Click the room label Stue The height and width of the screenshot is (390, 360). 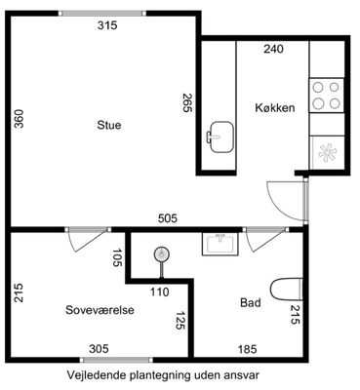click(x=109, y=125)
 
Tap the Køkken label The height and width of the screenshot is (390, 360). click(x=275, y=107)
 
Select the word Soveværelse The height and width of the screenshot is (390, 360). click(x=100, y=310)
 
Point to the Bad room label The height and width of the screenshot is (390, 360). click(x=251, y=302)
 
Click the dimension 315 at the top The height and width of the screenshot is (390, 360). click(x=107, y=25)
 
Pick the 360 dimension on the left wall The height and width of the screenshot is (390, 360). click(x=20, y=119)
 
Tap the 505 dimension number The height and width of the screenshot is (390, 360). click(x=168, y=218)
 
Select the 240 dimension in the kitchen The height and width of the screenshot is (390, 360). click(x=273, y=49)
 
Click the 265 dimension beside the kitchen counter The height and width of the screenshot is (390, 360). click(x=188, y=102)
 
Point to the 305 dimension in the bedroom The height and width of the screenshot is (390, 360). click(x=99, y=349)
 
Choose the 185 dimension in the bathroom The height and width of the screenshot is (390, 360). click(x=247, y=349)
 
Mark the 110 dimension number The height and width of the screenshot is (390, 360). click(x=160, y=292)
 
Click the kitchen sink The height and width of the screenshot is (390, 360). click(x=220, y=136)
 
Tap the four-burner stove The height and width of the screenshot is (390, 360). click(x=326, y=96)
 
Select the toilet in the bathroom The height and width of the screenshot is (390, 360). click(x=287, y=290)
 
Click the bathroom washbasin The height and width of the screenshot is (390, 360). click(x=220, y=244)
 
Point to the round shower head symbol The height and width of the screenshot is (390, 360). click(x=162, y=254)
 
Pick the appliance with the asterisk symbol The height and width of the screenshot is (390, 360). click(x=327, y=152)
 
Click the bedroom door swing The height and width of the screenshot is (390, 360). click(x=89, y=241)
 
